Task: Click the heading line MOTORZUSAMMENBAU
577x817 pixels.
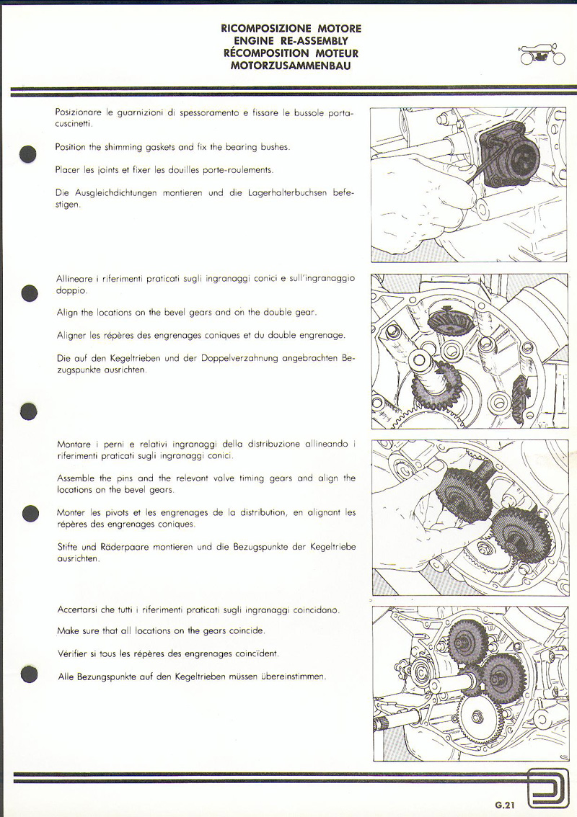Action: tap(291, 66)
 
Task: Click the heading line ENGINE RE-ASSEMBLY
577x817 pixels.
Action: tap(291, 41)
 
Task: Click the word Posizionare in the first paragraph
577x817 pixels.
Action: tap(77, 113)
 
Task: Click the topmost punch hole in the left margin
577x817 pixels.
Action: tap(29, 153)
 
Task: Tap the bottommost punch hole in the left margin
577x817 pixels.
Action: tap(29, 674)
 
